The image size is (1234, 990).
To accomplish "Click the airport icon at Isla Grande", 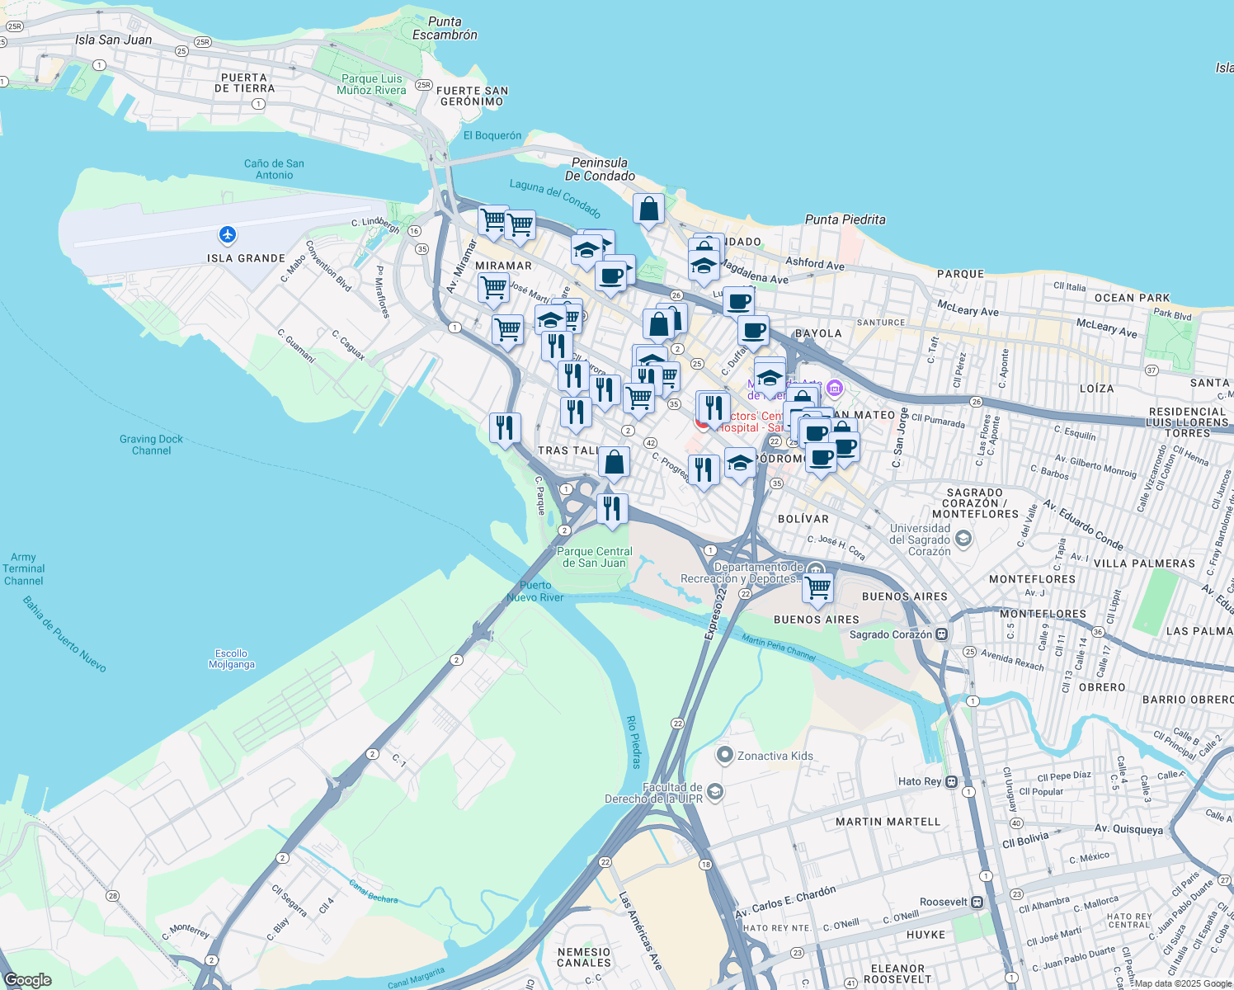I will click(x=228, y=235).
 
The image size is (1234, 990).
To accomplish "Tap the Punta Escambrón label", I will click(x=445, y=28).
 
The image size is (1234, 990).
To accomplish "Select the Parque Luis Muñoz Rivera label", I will click(x=371, y=84).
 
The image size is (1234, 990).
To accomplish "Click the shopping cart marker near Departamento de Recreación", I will click(x=817, y=588).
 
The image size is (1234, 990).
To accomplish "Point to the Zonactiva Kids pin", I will click(x=725, y=755).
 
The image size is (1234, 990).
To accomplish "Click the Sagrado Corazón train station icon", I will click(x=942, y=634).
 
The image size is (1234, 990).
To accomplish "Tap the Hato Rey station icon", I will click(x=951, y=781).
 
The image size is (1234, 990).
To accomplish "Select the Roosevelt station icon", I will click(x=977, y=902).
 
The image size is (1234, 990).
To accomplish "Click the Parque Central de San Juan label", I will click(x=594, y=557).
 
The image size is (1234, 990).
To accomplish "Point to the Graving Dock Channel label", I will click(x=151, y=445).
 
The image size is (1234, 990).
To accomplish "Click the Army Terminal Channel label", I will click(x=23, y=568).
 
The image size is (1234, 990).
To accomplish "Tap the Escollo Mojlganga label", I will click(x=231, y=658).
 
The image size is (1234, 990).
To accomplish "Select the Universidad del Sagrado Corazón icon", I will click(x=963, y=540).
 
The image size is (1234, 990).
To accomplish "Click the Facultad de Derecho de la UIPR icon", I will click(x=715, y=792).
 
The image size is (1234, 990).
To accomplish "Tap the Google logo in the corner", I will click(x=28, y=980).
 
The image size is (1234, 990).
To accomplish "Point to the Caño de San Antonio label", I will click(x=274, y=169).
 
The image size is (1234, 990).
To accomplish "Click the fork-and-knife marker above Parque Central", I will click(x=611, y=508).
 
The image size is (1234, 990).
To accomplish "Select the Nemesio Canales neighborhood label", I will click(x=584, y=957).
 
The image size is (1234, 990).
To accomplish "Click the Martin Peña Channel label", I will click(x=778, y=647).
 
